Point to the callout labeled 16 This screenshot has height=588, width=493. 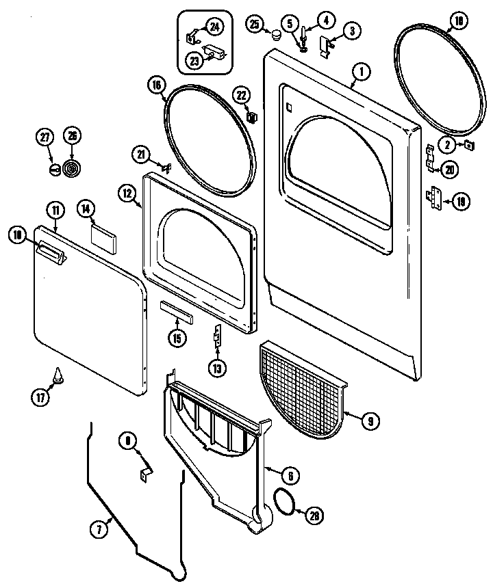(156, 85)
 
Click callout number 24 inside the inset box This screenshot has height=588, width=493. (214, 27)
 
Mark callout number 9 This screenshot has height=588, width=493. (370, 421)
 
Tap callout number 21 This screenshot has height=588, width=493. (142, 156)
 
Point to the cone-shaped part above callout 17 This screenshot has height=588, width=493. (58, 375)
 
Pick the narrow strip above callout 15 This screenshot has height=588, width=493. (177, 312)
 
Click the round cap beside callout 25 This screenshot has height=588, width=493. (277, 34)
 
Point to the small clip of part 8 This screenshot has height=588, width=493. (146, 472)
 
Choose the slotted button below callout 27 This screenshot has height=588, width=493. (53, 168)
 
